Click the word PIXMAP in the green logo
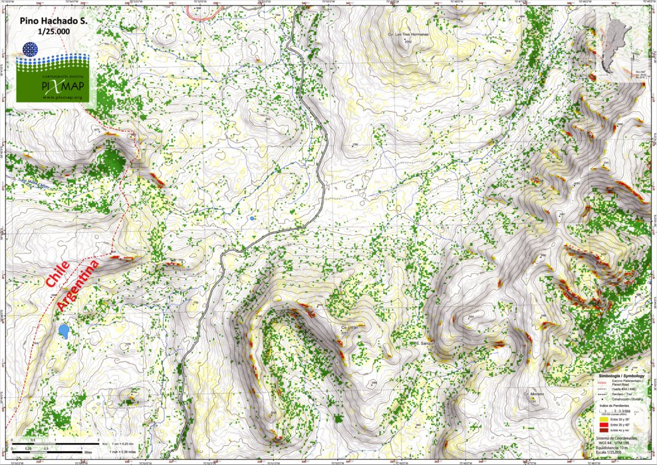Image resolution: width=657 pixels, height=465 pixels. (61, 86)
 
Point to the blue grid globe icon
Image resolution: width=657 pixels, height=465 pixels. (29, 49)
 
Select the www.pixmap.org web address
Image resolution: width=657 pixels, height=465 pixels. (61, 98)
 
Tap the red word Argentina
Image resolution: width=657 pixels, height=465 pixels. (78, 285)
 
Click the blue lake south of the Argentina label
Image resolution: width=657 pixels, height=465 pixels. (64, 331)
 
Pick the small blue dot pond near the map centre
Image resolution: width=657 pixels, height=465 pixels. (252, 218)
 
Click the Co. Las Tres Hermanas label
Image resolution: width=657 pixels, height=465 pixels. (407, 34)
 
